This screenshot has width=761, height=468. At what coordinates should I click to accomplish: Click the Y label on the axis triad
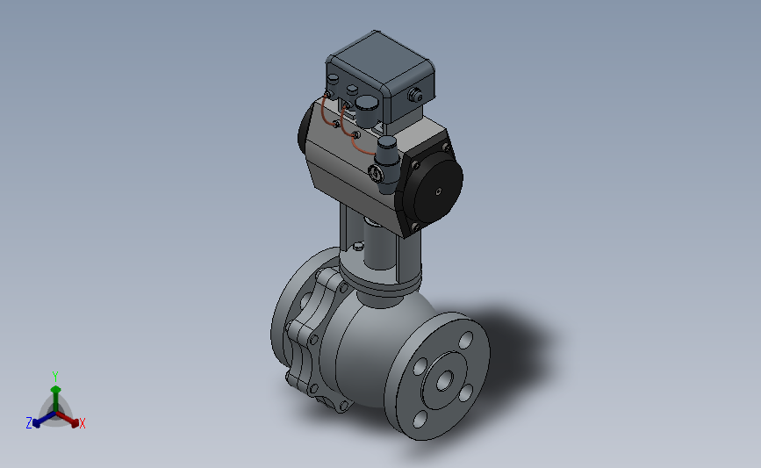(x=55, y=377)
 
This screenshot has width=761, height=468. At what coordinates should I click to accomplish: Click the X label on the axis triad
(x=82, y=424)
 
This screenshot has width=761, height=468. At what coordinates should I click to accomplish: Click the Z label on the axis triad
(x=29, y=423)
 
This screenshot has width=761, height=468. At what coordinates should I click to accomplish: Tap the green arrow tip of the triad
(x=56, y=389)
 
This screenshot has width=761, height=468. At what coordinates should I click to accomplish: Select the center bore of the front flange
(x=444, y=381)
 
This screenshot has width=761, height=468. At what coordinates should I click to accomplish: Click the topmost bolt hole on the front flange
(x=466, y=341)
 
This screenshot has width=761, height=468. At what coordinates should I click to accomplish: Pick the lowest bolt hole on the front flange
(x=420, y=420)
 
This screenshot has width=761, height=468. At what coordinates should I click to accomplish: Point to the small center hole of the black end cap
(x=439, y=191)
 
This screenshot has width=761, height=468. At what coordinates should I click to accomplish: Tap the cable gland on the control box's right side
(x=415, y=95)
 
